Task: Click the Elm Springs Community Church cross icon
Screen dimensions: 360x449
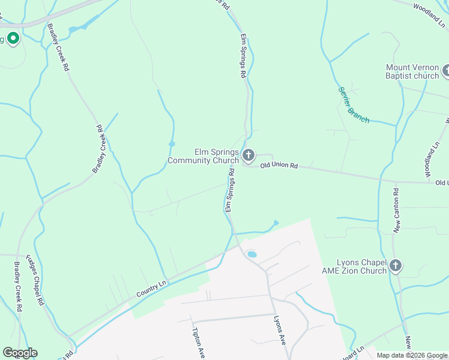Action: click(x=249, y=156)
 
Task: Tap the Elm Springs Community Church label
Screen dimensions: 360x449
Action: click(x=203, y=156)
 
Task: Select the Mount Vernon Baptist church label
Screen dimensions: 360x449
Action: click(x=412, y=71)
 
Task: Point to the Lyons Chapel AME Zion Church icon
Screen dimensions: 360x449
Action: click(x=395, y=265)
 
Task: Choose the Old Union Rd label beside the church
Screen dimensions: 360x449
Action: click(x=279, y=165)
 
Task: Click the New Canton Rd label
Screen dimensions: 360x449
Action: click(x=396, y=211)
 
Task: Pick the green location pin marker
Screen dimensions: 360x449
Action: click(x=13, y=39)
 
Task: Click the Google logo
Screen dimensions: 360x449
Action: click(x=20, y=353)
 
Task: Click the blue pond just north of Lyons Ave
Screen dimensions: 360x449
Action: click(x=252, y=254)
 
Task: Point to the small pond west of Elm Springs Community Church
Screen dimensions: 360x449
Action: click(x=172, y=144)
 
